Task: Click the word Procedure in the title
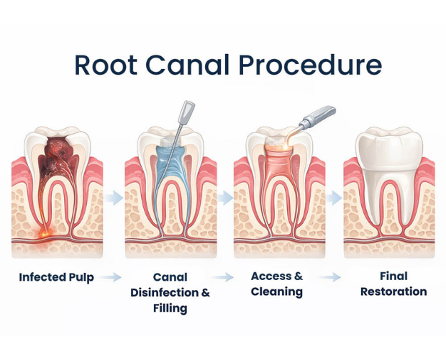(x=309, y=64)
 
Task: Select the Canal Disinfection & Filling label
(x=170, y=292)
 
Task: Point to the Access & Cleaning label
(x=277, y=284)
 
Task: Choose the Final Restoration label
(x=393, y=284)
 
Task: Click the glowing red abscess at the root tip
(x=45, y=233)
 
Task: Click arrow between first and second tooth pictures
(x=112, y=196)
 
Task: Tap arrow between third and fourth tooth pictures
(x=333, y=196)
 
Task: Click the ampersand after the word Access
(x=298, y=276)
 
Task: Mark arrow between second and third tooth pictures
(x=223, y=196)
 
